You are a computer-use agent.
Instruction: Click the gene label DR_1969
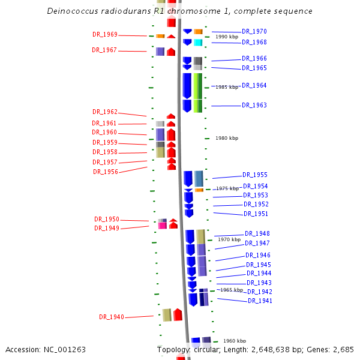pos(105,34)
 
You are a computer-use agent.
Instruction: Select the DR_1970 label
pos(254,31)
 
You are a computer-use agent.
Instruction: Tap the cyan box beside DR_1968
pos(198,43)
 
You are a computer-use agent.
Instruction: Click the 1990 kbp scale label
pos(227,37)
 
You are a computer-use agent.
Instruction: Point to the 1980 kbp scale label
pos(227,138)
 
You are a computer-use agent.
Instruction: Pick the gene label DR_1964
pos(254,85)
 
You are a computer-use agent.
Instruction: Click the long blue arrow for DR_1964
pos(187,86)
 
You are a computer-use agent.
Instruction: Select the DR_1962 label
pos(105,112)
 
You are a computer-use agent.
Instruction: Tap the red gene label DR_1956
pos(106,172)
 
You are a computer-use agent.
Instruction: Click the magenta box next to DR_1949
pos(163,226)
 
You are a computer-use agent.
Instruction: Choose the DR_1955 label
pos(255,175)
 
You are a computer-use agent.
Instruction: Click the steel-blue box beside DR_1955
pos(199,179)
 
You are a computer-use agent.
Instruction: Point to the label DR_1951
pos(256,214)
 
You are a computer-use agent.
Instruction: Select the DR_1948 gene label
pos(257,234)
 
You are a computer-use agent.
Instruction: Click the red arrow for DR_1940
pos(178,314)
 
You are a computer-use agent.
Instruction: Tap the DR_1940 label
pos(112,317)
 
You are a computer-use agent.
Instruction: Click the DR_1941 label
pos(260,301)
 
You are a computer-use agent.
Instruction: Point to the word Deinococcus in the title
pos(73,11)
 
